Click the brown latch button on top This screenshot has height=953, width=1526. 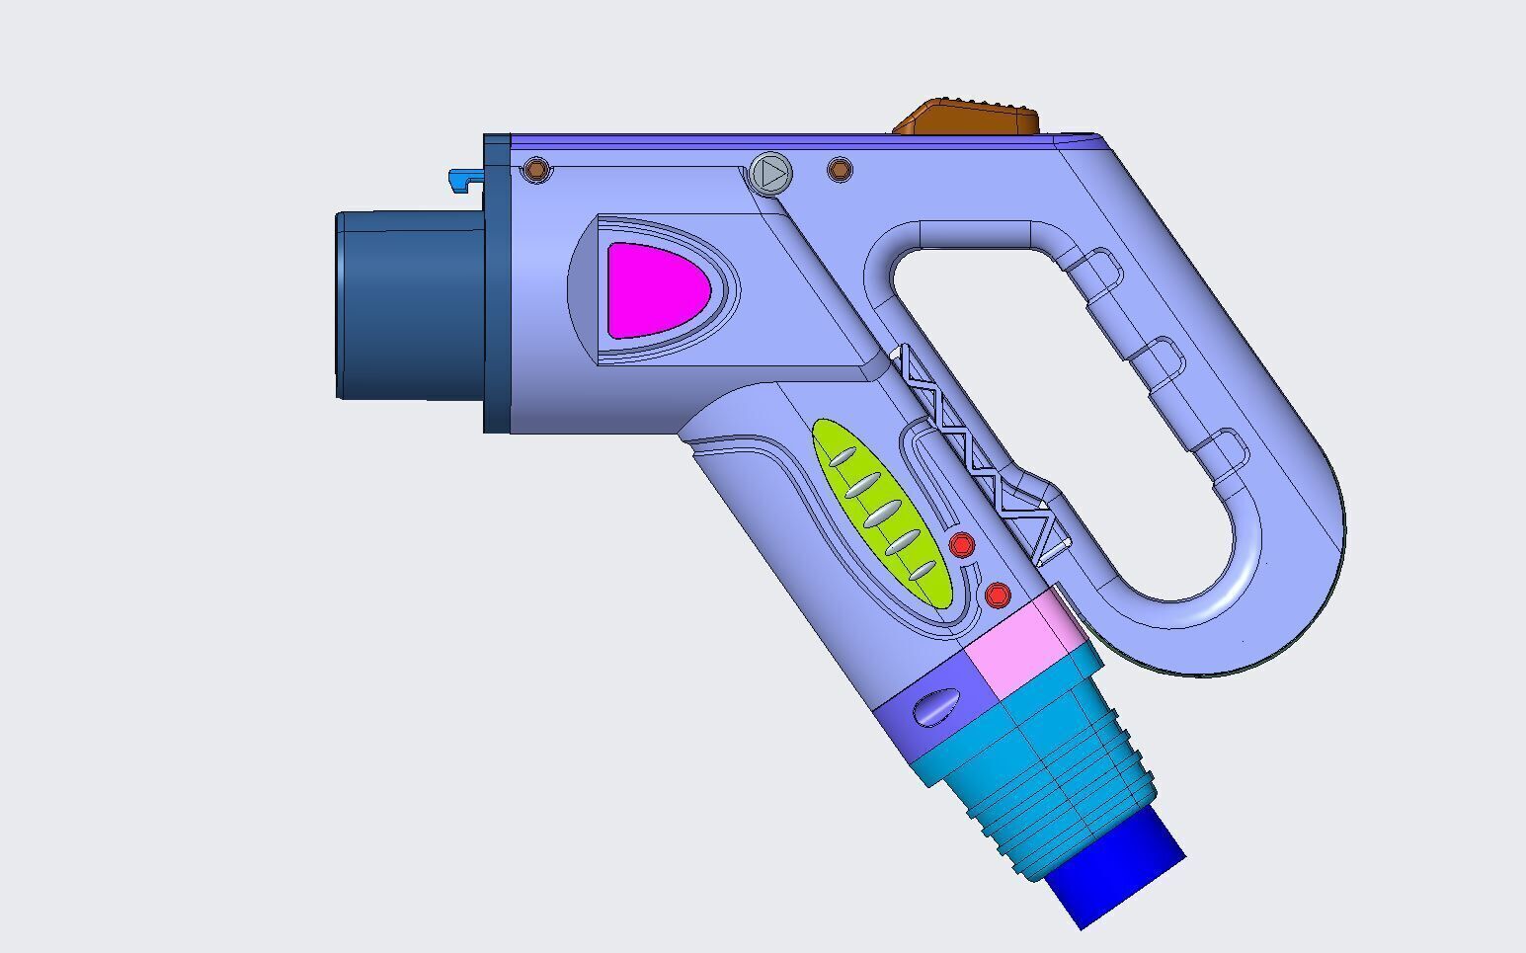(968, 117)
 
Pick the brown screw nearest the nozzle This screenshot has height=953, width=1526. (536, 170)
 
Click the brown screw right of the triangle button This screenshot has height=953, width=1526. (839, 171)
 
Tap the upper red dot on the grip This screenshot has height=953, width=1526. (961, 544)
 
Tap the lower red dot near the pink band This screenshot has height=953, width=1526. (998, 596)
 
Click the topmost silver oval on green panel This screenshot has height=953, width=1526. (842, 456)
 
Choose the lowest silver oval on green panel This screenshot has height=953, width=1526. (921, 571)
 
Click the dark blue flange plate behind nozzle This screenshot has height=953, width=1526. (497, 283)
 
